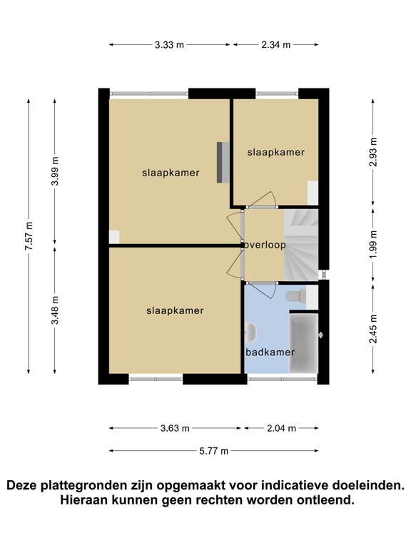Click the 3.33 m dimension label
[170, 45]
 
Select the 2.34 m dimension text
[276, 45]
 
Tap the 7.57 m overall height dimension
[29, 236]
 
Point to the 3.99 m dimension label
[55, 171]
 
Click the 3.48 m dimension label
[55, 310]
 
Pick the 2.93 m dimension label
[373, 152]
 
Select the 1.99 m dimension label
[373, 245]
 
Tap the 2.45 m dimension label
[373, 329]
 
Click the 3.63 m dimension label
[175, 428]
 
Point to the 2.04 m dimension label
[282, 428]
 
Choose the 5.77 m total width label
[214, 451]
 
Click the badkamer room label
[270, 352]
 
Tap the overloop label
[265, 245]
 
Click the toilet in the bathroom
[296, 296]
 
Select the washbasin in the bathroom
[250, 332]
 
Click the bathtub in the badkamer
[304, 342]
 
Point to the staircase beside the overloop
[301, 244]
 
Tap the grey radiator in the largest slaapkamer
[223, 162]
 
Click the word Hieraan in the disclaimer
[84, 499]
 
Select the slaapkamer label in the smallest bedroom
[275, 152]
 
